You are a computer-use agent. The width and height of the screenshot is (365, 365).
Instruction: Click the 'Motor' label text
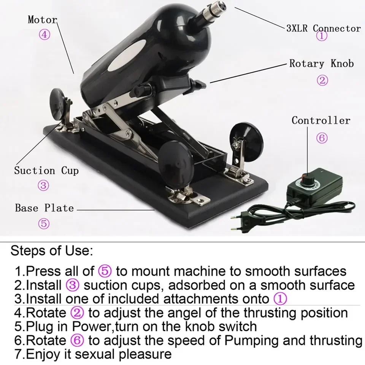coord(42,20)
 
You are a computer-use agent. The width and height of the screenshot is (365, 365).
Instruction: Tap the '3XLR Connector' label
coord(324,29)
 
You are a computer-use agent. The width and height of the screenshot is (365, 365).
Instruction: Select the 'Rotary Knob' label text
coord(322,63)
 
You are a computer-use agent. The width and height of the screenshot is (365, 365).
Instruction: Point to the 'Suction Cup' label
coord(46,171)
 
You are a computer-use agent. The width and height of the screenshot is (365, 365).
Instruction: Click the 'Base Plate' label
coord(44,208)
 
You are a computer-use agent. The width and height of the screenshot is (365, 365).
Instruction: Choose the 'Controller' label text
coord(321,121)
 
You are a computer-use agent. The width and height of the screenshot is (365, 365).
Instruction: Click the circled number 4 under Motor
coord(44,35)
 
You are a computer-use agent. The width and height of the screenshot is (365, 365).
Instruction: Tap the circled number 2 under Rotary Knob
coord(322,80)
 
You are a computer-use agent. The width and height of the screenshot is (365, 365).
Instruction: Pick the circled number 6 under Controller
coord(322,138)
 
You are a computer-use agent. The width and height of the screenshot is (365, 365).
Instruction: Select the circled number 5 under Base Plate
coord(44,224)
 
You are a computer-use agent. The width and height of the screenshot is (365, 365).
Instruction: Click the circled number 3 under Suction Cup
coord(43,186)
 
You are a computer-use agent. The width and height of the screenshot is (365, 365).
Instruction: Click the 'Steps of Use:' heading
coord(51,251)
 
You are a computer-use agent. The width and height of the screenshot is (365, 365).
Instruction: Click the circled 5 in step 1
coord(105,271)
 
